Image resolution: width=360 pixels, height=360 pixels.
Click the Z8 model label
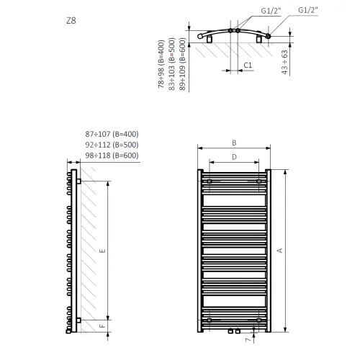71,21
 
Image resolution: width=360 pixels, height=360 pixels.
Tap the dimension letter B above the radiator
234,143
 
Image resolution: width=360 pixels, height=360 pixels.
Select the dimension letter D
234,157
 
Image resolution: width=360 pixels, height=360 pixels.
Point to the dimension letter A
279,251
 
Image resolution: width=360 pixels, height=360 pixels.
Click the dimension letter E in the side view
102,251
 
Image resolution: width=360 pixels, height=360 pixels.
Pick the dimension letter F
102,326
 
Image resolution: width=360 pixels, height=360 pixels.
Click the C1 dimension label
248,66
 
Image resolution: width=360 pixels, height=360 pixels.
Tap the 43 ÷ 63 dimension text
284,62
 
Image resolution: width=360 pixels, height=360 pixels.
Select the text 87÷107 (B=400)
112,134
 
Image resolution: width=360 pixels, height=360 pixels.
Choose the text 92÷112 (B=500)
112,145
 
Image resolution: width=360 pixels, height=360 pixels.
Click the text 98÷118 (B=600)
112,156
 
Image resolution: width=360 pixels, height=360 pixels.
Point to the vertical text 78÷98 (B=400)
161,64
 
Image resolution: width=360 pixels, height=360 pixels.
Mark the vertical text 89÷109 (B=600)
182,64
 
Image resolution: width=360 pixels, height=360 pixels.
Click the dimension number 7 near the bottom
248,340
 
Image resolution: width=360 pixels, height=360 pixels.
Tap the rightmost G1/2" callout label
308,10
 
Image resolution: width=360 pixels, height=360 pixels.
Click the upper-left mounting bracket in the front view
210,181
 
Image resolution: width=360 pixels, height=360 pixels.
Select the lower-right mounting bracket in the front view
258,320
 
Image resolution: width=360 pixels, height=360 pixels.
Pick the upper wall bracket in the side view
78,181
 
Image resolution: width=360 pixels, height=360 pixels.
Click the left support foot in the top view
210,40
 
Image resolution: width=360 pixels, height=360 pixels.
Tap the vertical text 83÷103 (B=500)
172,64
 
